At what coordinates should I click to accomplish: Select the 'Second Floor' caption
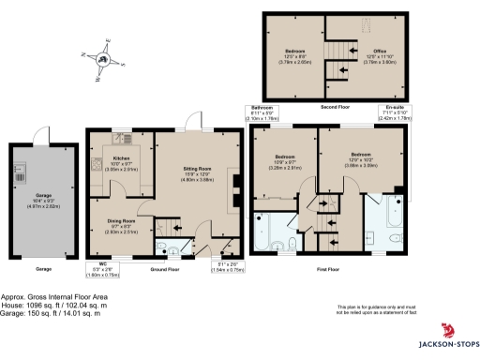click(x=337, y=107)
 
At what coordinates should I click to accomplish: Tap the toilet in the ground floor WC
click(x=162, y=247)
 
